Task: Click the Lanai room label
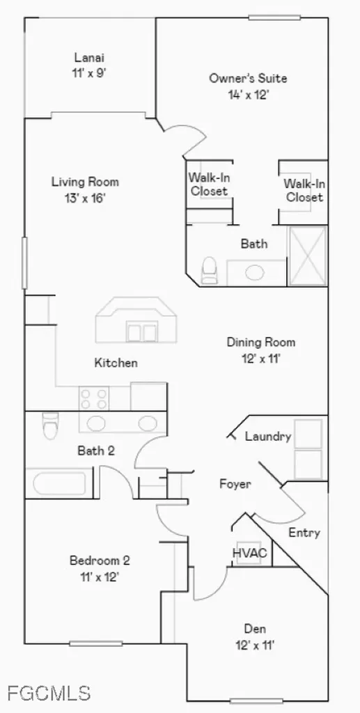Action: pos(90,58)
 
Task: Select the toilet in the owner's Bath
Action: pos(209,269)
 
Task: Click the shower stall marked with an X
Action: pos(308,256)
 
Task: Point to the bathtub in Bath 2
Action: pos(60,483)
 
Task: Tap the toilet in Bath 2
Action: pos(50,425)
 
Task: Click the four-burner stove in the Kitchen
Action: pos(93,398)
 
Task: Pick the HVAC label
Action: pos(249,554)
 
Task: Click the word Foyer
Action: pos(235,484)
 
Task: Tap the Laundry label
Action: pos(268,437)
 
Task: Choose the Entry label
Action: pos(304,533)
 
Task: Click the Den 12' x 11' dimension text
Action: pos(255,645)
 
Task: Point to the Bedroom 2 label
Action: pos(100,561)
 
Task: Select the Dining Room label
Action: pos(261,342)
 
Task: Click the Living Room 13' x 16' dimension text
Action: pos(85,198)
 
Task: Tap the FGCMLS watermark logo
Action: pos(49,693)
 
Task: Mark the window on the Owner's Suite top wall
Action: pos(274,17)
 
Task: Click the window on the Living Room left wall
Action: pos(24,263)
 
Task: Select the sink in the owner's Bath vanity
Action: pos(255,273)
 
